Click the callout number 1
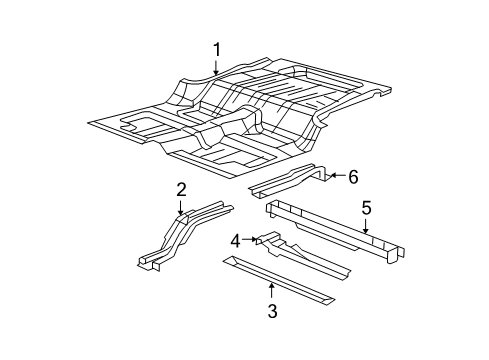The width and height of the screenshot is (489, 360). click(x=216, y=48)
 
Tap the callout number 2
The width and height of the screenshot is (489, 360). click(x=181, y=189)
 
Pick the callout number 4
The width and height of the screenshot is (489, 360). click(x=235, y=240)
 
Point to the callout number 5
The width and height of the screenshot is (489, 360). click(x=366, y=209)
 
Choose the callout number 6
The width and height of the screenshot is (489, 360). click(x=353, y=177)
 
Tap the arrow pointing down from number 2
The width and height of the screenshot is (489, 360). click(x=181, y=207)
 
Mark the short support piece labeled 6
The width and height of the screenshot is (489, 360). click(x=290, y=182)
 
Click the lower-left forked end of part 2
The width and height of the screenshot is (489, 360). click(x=147, y=262)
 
